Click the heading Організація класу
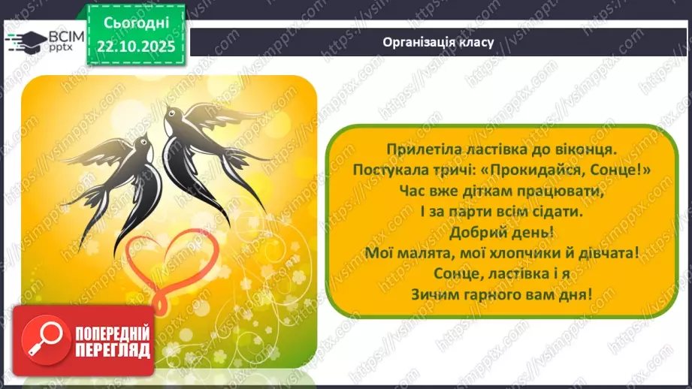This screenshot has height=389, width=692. click(437, 41)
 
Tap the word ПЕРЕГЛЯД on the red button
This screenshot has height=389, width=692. click(112, 350)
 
